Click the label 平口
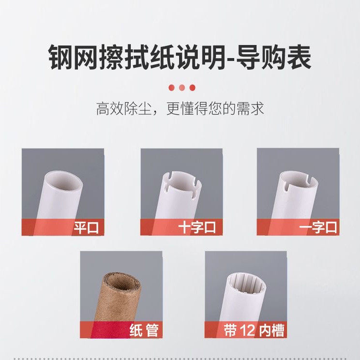pyautogui.click(x=86, y=227)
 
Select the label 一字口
pyautogui.click(x=318, y=227)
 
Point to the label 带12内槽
pyautogui.click(x=254, y=330)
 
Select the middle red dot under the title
pyautogui.click(x=181, y=88)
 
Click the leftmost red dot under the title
pyautogui.click(x=171, y=88)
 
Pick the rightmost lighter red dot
pyautogui.click(x=192, y=88)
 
